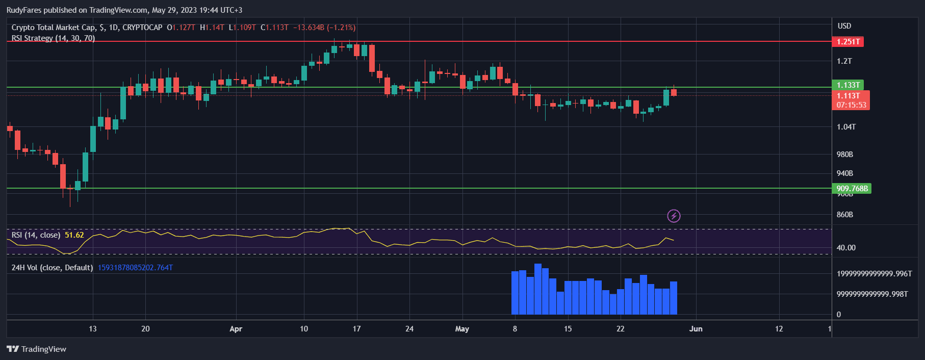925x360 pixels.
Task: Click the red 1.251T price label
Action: click(848, 42)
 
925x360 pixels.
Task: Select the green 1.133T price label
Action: click(848, 85)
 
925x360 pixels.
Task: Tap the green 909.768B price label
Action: click(852, 189)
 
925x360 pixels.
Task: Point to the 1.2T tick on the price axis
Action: click(844, 61)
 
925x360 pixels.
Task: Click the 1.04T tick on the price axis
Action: click(846, 127)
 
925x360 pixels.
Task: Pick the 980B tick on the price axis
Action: click(844, 155)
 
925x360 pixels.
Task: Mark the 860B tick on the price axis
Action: click(844, 215)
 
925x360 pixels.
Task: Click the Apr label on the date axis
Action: click(236, 329)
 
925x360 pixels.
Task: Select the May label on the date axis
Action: click(462, 329)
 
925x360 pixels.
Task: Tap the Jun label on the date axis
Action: click(696, 329)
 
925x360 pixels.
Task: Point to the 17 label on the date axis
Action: click(356, 329)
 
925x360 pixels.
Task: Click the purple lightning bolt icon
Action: click(674, 216)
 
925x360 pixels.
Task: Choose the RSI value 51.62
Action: click(74, 235)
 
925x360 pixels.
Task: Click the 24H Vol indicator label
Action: click(52, 268)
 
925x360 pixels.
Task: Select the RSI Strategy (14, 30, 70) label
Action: click(53, 38)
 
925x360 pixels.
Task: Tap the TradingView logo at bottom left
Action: click(37, 349)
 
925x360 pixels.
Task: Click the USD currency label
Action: click(844, 26)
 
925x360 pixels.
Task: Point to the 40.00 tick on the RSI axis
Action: click(846, 248)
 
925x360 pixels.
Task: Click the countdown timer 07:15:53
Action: click(851, 105)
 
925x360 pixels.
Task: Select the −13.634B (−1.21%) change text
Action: click(324, 28)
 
